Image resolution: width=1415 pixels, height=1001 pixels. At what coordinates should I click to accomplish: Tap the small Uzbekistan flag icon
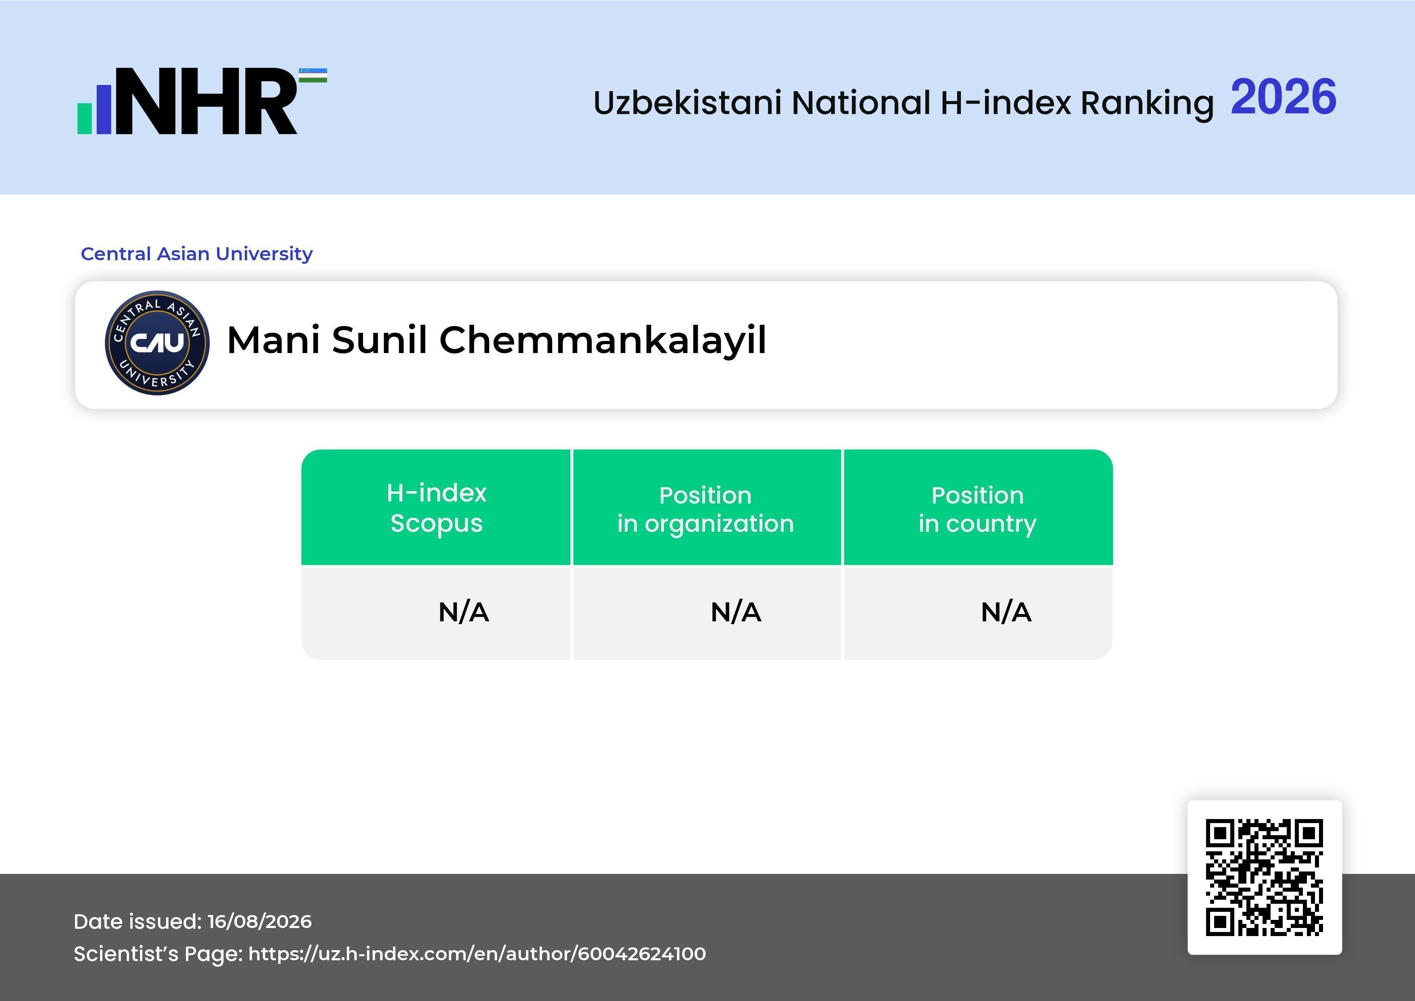click(x=313, y=75)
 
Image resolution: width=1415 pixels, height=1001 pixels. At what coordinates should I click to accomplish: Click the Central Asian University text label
click(x=196, y=254)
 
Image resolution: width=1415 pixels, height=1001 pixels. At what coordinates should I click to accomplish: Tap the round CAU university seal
click(x=157, y=343)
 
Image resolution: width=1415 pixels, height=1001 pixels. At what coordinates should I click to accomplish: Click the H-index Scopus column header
click(x=436, y=508)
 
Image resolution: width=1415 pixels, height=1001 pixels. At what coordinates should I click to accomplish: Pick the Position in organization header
click(x=705, y=509)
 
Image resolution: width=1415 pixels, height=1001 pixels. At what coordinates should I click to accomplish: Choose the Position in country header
click(x=977, y=509)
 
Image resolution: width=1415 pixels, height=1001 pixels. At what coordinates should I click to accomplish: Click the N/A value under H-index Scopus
click(x=463, y=612)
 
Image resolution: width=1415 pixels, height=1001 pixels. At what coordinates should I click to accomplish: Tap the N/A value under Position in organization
click(x=736, y=612)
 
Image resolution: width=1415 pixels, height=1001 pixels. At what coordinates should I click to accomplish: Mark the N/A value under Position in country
click(x=1006, y=612)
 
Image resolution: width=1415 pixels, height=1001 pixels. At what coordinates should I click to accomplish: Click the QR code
click(x=1265, y=877)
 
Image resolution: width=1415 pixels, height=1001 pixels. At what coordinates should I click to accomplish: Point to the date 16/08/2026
click(x=259, y=922)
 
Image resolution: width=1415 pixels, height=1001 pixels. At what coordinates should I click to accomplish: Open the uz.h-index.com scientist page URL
click(x=477, y=953)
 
